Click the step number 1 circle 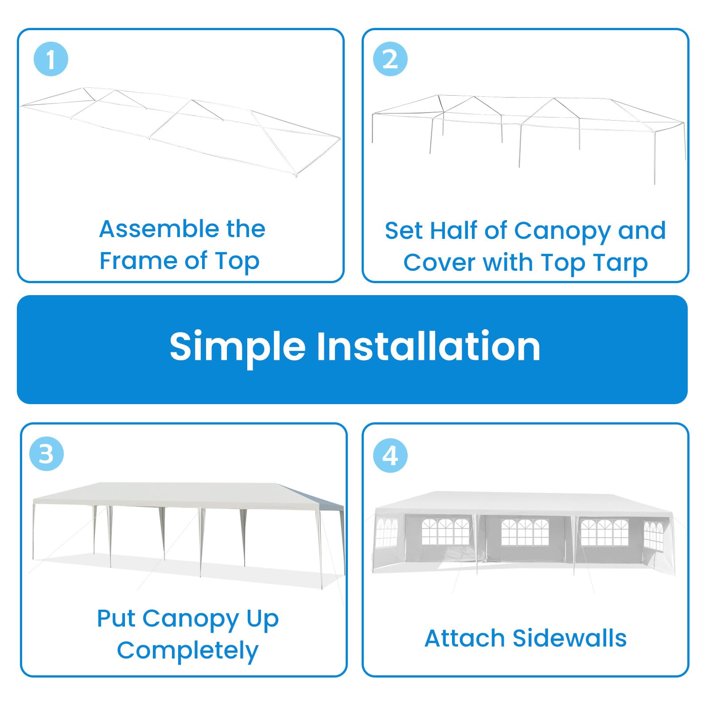click(x=51, y=59)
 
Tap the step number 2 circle click(x=390, y=59)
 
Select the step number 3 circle click(x=47, y=454)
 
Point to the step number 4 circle click(x=390, y=455)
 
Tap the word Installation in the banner click(x=428, y=346)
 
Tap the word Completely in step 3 click(x=187, y=651)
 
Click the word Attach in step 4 click(x=465, y=639)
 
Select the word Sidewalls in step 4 click(x=569, y=639)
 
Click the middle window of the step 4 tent click(x=525, y=533)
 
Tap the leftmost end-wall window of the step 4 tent click(x=386, y=533)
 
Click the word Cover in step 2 click(x=437, y=263)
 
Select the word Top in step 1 click(x=237, y=261)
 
